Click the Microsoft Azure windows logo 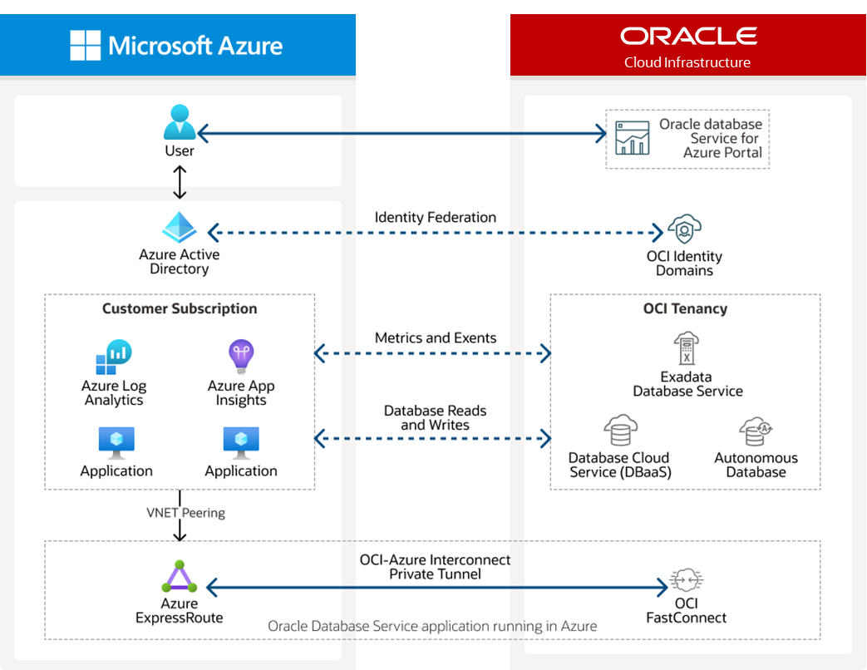pyautogui.click(x=85, y=45)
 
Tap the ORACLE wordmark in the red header pyautogui.click(x=688, y=36)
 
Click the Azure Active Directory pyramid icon pyautogui.click(x=179, y=228)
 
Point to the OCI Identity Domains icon pyautogui.click(x=684, y=229)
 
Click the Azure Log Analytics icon pyautogui.click(x=113, y=357)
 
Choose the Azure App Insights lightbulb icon pyautogui.click(x=241, y=357)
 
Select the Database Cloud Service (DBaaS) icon pyautogui.click(x=620, y=431)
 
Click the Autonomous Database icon pyautogui.click(x=756, y=432)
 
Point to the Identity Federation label pyautogui.click(x=435, y=218)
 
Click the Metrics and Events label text pyautogui.click(x=435, y=338)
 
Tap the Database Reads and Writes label pyautogui.click(x=435, y=418)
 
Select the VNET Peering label pyautogui.click(x=185, y=513)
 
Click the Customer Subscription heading pyautogui.click(x=180, y=309)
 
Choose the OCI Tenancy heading pyautogui.click(x=685, y=309)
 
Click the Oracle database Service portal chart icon pyautogui.click(x=632, y=138)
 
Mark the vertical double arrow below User pyautogui.click(x=180, y=182)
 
